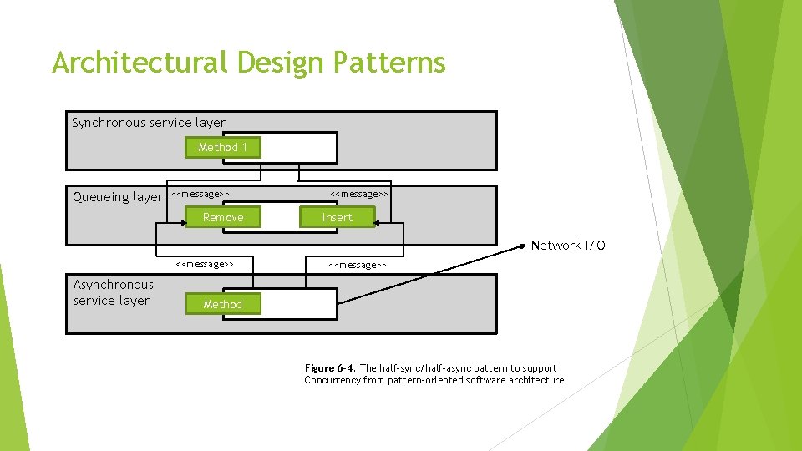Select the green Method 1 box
tap(222, 148)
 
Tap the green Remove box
tap(223, 218)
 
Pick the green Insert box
tap(338, 218)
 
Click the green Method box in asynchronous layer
tap(222, 305)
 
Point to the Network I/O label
tap(568, 246)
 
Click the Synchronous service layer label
tap(149, 124)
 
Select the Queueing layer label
tap(118, 197)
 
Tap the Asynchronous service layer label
tap(114, 293)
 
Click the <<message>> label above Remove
tap(200, 194)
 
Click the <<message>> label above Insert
tap(359, 194)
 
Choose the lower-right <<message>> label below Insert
tap(358, 265)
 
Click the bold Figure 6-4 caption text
tap(330, 368)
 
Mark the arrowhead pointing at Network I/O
tap(525, 245)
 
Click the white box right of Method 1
tap(298, 148)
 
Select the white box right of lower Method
tap(299, 305)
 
